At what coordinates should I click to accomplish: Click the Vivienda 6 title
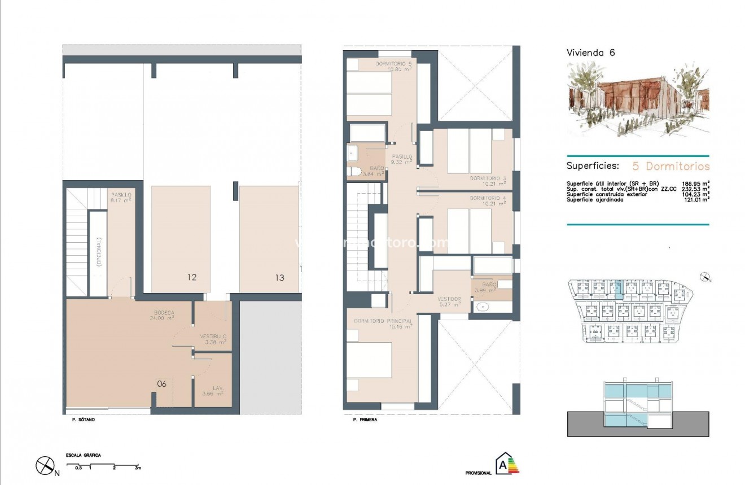pyautogui.click(x=590, y=53)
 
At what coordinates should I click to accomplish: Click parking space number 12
pyautogui.click(x=192, y=277)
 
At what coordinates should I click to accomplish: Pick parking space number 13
pyautogui.click(x=279, y=277)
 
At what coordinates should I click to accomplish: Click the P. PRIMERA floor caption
pyautogui.click(x=365, y=420)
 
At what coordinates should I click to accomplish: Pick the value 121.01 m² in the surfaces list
pyautogui.click(x=695, y=199)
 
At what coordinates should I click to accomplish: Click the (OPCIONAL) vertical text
pyautogui.click(x=98, y=252)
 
